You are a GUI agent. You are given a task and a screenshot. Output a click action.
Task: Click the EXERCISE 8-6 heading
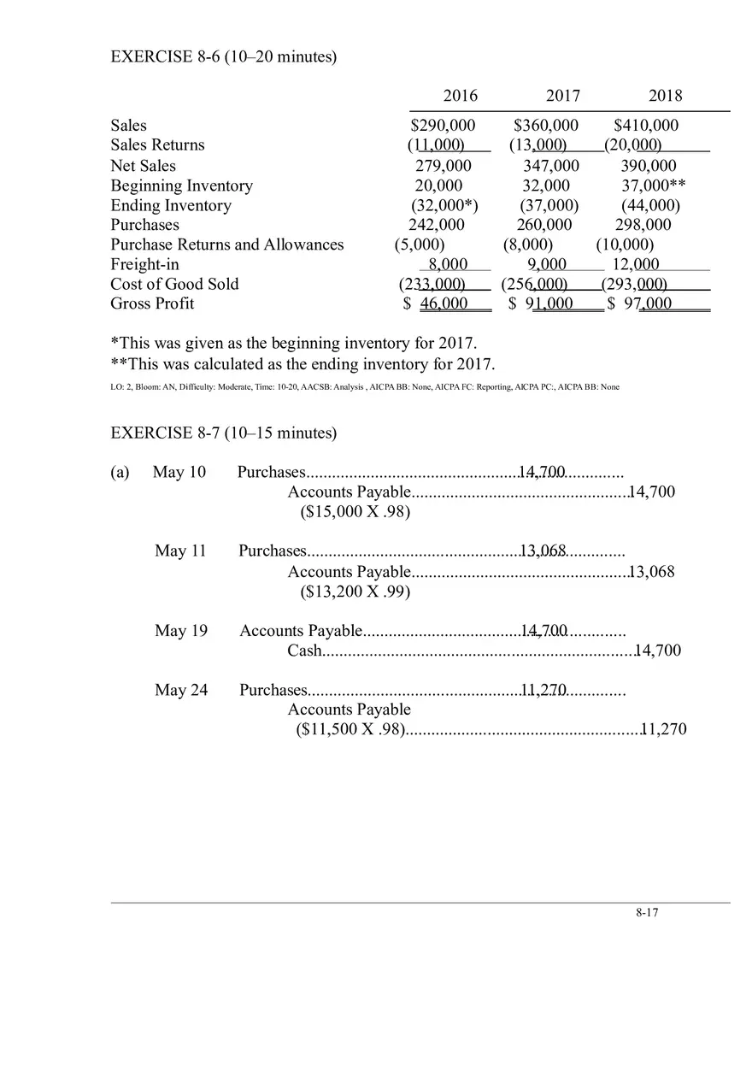[x=224, y=56]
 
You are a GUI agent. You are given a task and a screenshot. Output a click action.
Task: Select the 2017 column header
[x=562, y=95]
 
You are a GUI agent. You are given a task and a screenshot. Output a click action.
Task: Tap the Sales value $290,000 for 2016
[x=443, y=125]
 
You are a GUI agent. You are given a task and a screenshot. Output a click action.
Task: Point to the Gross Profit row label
[x=151, y=303]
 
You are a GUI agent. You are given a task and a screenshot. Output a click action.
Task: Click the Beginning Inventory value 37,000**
[x=654, y=186]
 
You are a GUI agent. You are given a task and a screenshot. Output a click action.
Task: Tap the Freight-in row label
[x=144, y=264]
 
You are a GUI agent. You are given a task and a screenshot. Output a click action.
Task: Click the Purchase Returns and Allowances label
[x=226, y=244]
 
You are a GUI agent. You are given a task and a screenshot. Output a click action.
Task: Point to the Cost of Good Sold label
[x=174, y=284]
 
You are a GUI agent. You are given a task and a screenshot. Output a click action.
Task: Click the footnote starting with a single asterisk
[x=294, y=343]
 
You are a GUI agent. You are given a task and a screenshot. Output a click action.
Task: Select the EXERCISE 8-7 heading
[x=224, y=433]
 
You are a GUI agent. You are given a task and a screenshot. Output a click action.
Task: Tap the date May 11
[x=180, y=551]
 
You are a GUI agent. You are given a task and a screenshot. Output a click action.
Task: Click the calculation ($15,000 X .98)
[x=355, y=512]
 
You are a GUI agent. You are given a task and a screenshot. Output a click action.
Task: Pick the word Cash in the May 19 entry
[x=304, y=651]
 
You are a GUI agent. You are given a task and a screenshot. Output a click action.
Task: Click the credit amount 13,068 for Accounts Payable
[x=651, y=571]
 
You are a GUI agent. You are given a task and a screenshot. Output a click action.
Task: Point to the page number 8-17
[x=647, y=912]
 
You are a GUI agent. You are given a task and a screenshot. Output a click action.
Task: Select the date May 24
[x=181, y=690]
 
